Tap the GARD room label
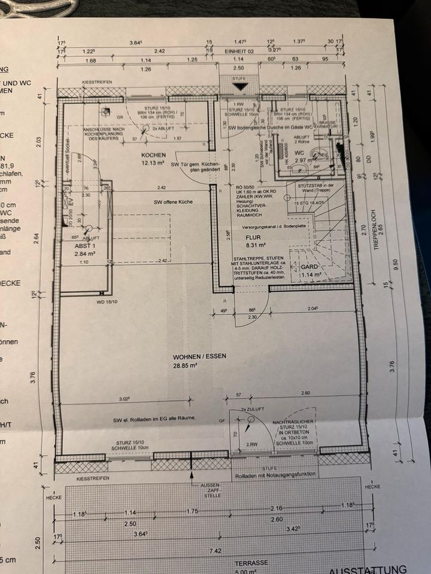pos(308,267)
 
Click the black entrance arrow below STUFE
pos(240,86)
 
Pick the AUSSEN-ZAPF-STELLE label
pos(213,488)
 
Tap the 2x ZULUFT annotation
pos(252,408)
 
